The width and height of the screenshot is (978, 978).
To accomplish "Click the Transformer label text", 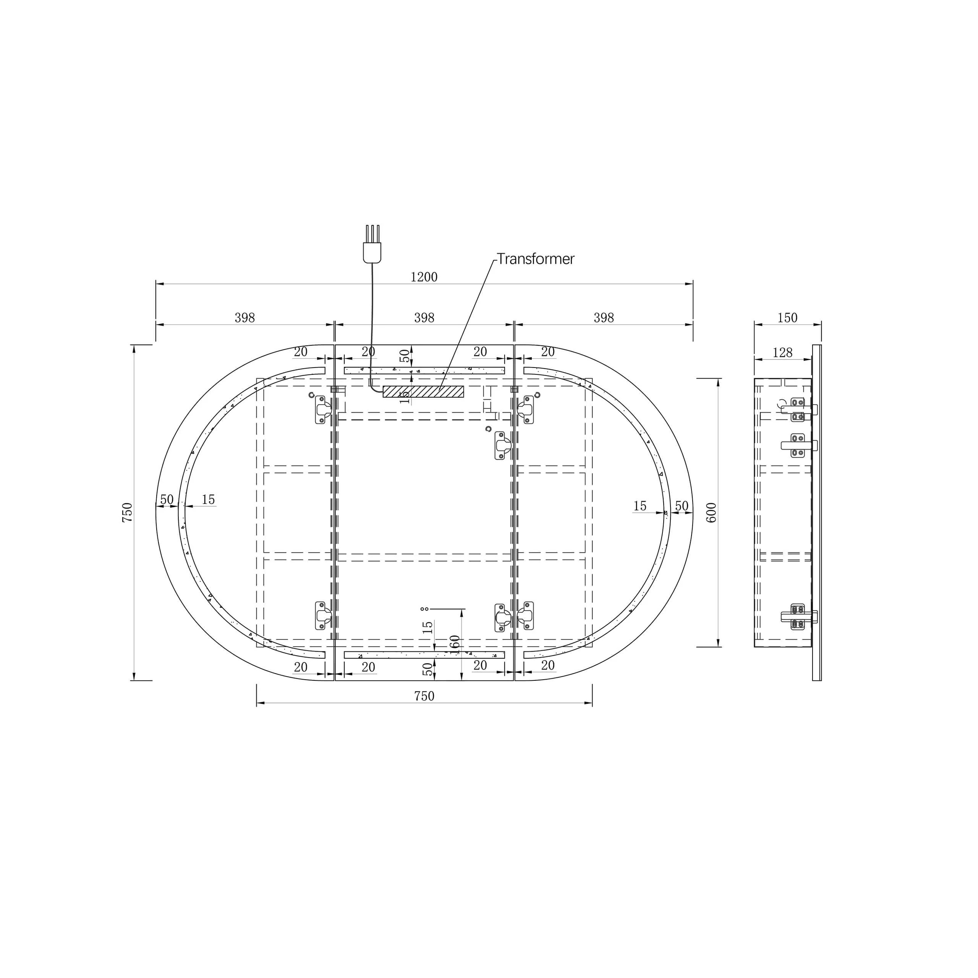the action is (536, 259).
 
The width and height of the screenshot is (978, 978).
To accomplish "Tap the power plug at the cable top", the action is (372, 244).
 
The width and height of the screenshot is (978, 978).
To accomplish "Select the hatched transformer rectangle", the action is (423, 391).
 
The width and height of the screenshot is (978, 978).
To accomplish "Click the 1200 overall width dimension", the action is (424, 277).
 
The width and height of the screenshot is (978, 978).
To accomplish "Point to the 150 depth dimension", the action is (787, 318).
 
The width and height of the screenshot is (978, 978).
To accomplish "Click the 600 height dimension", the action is (711, 513).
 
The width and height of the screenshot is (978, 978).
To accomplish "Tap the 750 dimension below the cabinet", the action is (424, 696).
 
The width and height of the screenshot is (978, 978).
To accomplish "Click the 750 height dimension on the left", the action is (127, 512).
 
